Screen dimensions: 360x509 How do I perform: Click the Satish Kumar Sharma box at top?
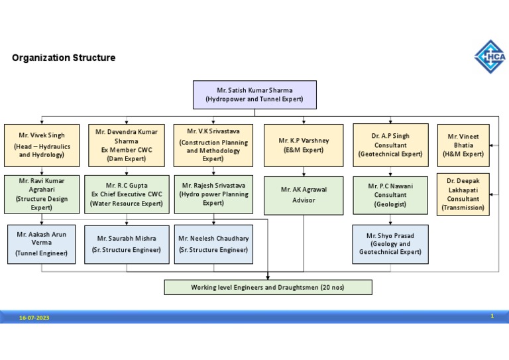(x=254, y=94)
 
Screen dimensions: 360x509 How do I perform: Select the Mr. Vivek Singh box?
(x=42, y=145)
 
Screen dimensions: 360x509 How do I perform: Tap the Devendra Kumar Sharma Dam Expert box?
(x=126, y=145)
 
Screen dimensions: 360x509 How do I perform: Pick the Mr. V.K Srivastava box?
(x=213, y=145)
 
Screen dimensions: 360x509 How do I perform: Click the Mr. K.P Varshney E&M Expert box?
(x=304, y=145)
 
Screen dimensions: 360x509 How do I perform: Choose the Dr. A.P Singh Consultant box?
(x=390, y=145)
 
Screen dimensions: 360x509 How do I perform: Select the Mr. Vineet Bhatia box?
(x=463, y=145)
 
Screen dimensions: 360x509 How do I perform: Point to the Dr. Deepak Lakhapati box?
(x=463, y=194)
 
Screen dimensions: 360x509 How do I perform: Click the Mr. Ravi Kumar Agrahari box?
(x=42, y=194)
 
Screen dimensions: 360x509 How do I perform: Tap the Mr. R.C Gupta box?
(x=126, y=194)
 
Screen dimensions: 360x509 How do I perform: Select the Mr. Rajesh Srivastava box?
(x=213, y=194)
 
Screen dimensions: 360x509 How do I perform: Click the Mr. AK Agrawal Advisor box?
(x=304, y=195)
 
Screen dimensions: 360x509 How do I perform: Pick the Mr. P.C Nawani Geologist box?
(x=390, y=195)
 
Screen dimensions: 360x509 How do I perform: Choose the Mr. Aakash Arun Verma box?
(x=42, y=243)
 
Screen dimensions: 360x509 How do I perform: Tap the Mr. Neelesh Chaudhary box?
(x=213, y=243)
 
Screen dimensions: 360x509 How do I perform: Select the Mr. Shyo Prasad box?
(x=390, y=243)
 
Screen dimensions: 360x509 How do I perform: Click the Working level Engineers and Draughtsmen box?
(x=268, y=287)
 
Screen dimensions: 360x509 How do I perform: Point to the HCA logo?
(x=490, y=56)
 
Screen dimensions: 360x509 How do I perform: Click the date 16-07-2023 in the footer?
(x=34, y=318)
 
